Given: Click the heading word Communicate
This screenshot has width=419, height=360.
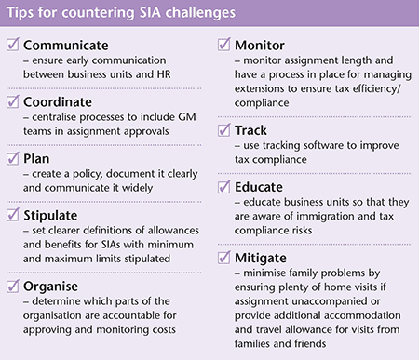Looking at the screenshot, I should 69,44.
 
